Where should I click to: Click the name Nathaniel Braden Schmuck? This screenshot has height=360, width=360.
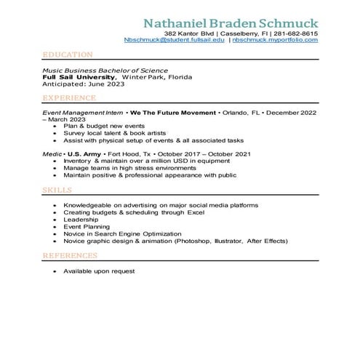pyautogui.click(x=231, y=20)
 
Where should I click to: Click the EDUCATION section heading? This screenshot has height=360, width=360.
pyautogui.click(x=67, y=55)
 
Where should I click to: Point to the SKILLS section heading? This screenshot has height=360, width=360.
pyautogui.click(x=57, y=190)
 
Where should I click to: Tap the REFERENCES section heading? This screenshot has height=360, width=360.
pyautogui.click(x=70, y=256)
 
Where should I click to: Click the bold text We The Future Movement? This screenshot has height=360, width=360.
pyautogui.click(x=173, y=113)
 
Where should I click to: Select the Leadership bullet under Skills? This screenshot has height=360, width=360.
pyautogui.click(x=79, y=219)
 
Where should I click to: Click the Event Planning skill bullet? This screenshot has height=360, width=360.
pyautogui.click(x=86, y=226)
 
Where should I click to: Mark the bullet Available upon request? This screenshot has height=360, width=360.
pyautogui.click(x=99, y=271)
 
